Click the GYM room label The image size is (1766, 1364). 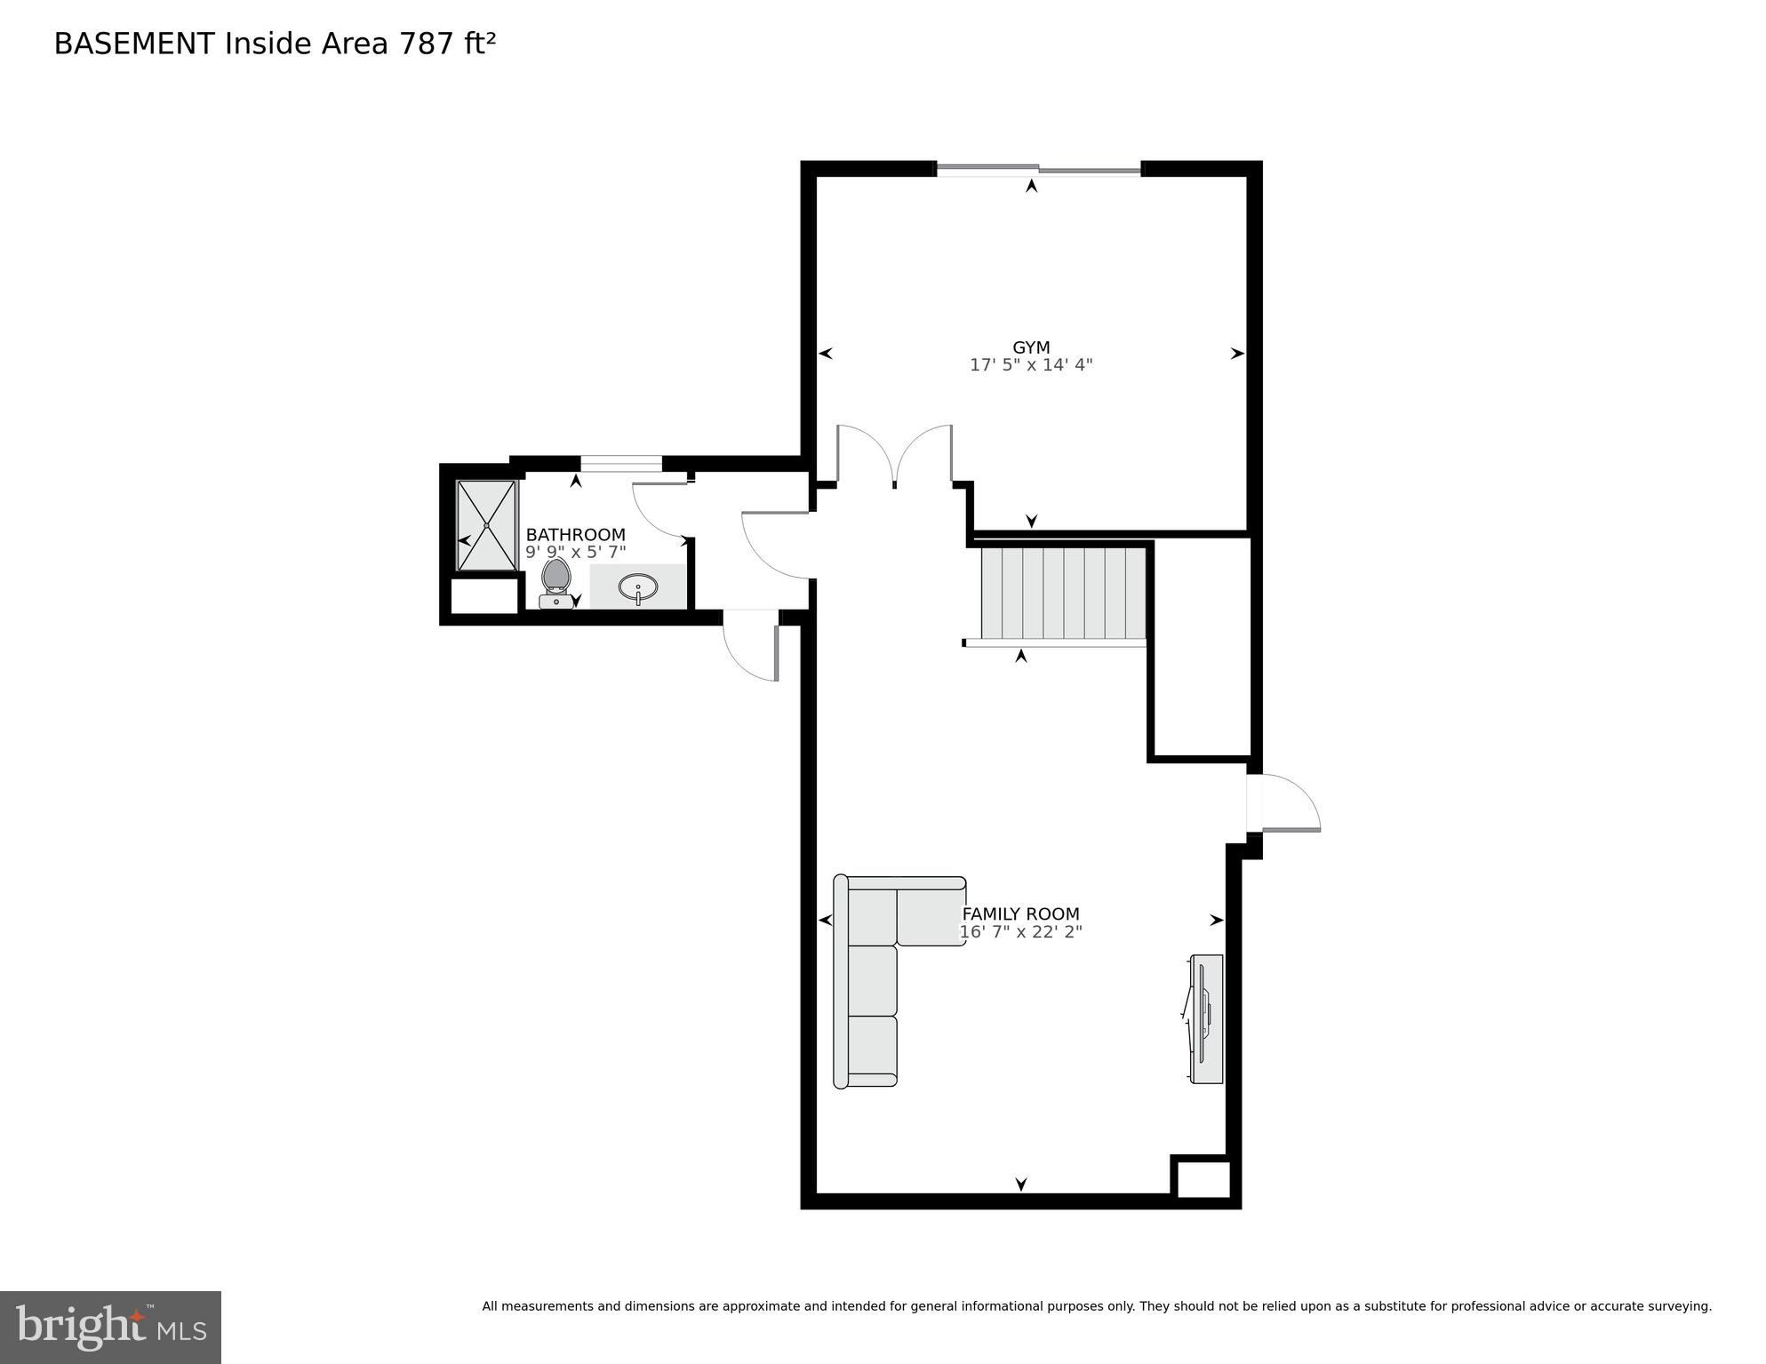[1031, 347]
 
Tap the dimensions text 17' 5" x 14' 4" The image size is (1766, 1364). [1031, 365]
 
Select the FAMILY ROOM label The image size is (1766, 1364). [1021, 913]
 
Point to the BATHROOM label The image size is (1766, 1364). [575, 534]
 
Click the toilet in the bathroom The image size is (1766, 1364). [556, 582]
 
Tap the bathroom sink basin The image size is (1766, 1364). [638, 588]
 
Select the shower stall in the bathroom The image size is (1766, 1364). [486, 525]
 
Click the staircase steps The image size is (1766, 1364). [1062, 593]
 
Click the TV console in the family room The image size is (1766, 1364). [1206, 1018]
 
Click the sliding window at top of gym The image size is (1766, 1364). [1038, 169]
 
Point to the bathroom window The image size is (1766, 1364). [620, 463]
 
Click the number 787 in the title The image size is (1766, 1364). [427, 44]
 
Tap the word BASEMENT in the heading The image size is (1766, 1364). [134, 44]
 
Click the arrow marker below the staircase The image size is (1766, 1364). [1021, 656]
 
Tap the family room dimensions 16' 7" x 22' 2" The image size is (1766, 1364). [1021, 932]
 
